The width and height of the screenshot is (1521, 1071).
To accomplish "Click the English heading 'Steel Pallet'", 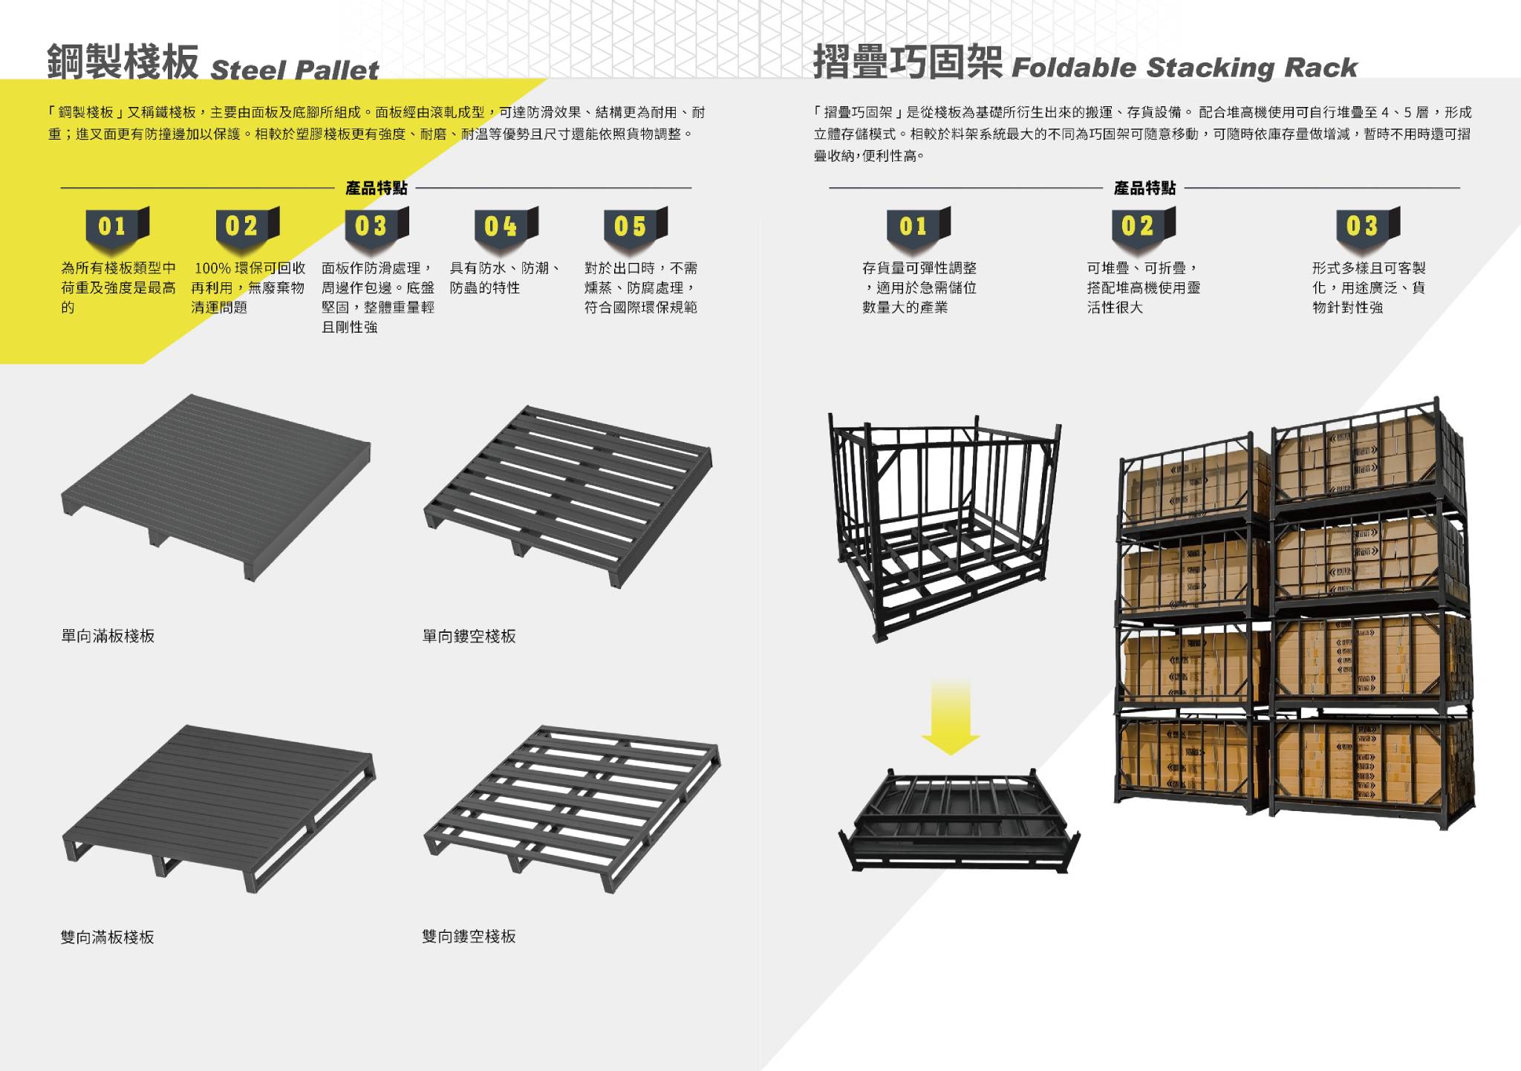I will coord(295,70).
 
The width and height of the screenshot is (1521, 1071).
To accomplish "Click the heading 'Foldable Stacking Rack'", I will coord(1184,68).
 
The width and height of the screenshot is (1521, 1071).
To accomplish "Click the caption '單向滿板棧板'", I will coord(108,636).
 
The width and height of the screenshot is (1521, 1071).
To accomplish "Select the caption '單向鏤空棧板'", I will coord(469,636).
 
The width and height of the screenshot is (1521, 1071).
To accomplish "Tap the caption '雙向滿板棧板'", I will coord(108,937).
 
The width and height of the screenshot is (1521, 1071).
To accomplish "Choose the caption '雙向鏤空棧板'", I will coord(469,937).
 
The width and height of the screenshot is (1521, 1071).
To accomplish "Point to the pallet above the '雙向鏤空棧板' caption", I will coord(572,805).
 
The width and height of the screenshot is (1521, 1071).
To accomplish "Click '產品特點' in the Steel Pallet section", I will coord(377,188).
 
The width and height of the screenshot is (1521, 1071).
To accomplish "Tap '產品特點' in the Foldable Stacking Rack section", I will coord(1144,188).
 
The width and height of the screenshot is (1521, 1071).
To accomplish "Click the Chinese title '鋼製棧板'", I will coord(123,62).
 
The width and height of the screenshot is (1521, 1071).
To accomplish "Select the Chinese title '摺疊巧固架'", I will coord(908,62).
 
